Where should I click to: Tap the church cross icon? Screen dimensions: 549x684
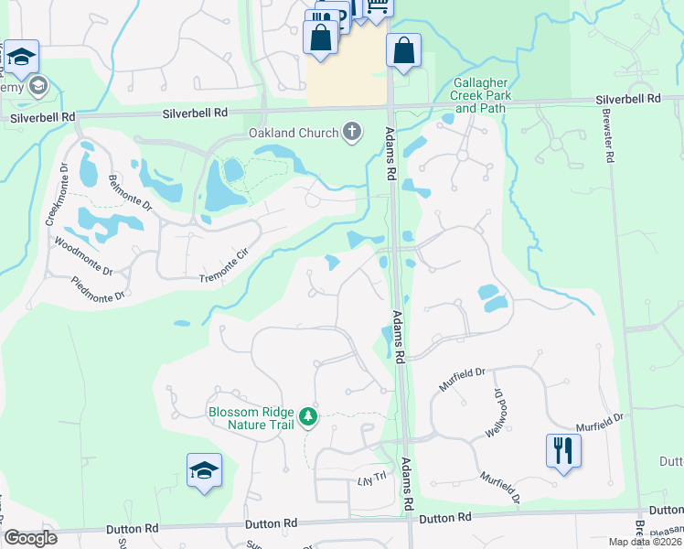click(x=351, y=133)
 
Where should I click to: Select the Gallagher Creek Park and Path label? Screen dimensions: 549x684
click(x=481, y=95)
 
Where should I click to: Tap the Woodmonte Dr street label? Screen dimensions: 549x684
click(x=82, y=257)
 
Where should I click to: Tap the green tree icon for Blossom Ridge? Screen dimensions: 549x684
click(x=309, y=417)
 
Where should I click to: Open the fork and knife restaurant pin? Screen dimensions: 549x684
click(x=562, y=450)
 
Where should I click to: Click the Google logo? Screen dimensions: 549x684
click(x=30, y=538)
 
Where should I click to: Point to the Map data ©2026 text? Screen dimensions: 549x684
click(x=645, y=542)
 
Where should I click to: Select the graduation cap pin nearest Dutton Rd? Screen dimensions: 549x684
click(x=204, y=470)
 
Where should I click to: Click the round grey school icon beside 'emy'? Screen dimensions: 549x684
click(x=37, y=87)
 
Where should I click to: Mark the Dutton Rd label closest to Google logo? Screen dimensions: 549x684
click(x=132, y=529)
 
